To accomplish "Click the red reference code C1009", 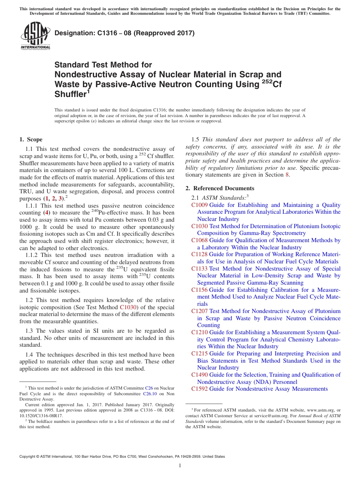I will click(x=199, y=205).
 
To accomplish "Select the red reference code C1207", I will click(x=199, y=311).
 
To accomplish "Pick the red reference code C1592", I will click(x=199, y=389).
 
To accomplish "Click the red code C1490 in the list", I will click(x=199, y=375).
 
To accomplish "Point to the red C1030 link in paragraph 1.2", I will click(x=128, y=307).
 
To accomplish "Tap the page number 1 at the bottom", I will click(x=180, y=466).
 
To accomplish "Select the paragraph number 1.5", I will click(x=196, y=139).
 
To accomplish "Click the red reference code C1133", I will click(x=199, y=269).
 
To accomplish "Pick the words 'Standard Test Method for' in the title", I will click(x=103, y=65).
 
